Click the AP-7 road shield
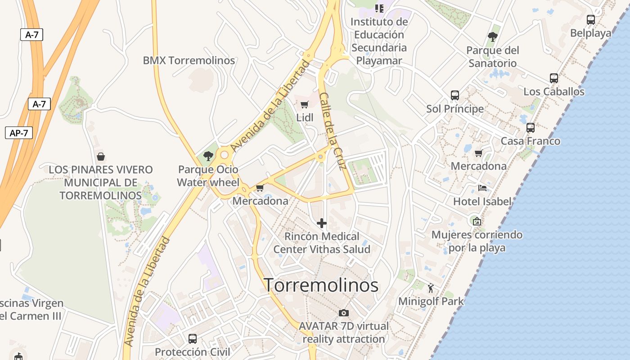[19, 133]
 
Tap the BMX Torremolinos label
[189, 60]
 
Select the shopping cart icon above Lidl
[305, 105]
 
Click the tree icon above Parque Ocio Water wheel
[208, 156]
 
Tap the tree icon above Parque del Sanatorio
[492, 36]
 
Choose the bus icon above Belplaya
[590, 20]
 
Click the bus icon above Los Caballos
[553, 78]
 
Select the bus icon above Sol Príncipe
[455, 95]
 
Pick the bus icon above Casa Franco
[530, 128]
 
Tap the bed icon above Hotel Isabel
[482, 188]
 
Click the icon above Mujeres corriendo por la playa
[477, 221]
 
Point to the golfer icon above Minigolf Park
[431, 288]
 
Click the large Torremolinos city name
[321, 285]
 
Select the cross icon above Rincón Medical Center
[322, 223]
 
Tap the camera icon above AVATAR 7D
[343, 313]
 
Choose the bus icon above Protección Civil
[192, 338]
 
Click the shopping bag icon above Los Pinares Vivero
[101, 157]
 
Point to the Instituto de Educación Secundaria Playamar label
[379, 41]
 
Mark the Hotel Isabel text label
[482, 201]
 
